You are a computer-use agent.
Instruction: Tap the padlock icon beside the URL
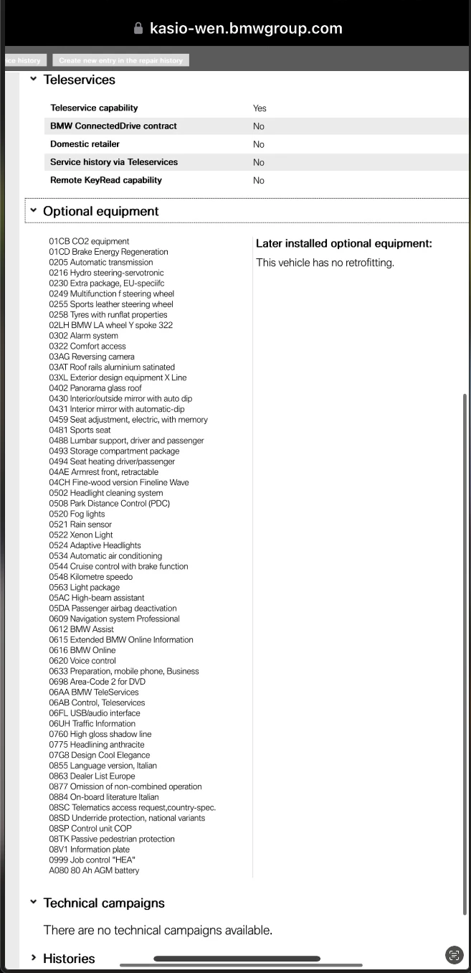pos(138,29)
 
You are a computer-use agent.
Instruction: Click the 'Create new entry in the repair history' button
pos(120,60)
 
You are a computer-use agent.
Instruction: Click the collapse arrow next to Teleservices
pos(33,80)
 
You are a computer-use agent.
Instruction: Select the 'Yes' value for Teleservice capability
pos(260,108)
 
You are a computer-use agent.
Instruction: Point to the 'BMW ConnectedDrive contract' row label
pos(113,126)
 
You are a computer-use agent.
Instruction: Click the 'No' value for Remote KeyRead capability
pos(259,181)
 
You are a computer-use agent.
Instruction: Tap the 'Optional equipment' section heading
pos(101,211)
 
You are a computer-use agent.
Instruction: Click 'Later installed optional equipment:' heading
pos(343,244)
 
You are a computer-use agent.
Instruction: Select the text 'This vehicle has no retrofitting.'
pos(325,263)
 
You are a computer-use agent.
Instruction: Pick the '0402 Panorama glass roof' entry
pos(95,388)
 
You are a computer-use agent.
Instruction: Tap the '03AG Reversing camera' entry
pos(92,357)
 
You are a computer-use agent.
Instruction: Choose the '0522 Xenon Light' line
pos(81,535)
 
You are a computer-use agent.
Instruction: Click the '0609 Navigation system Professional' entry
pos(114,619)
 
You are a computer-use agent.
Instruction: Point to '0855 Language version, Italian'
pos(103,766)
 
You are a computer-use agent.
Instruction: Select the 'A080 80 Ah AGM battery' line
pos(94,870)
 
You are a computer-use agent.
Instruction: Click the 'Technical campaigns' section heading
pos(104,903)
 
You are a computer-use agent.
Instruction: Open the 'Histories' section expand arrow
pos(33,958)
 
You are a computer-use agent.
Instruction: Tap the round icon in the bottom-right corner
pos(454,954)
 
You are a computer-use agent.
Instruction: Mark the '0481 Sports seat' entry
pos(80,430)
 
